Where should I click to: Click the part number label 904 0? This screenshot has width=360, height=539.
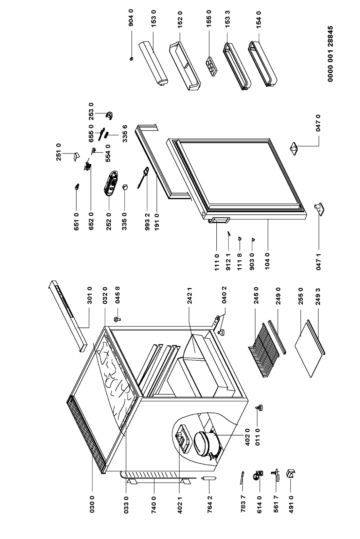click(131, 18)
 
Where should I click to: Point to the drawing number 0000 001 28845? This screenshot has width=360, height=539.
click(331, 54)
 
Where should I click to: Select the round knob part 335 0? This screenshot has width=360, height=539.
click(125, 187)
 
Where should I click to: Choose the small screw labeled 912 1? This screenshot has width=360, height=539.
click(229, 233)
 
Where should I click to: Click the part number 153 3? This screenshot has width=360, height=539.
click(227, 18)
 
